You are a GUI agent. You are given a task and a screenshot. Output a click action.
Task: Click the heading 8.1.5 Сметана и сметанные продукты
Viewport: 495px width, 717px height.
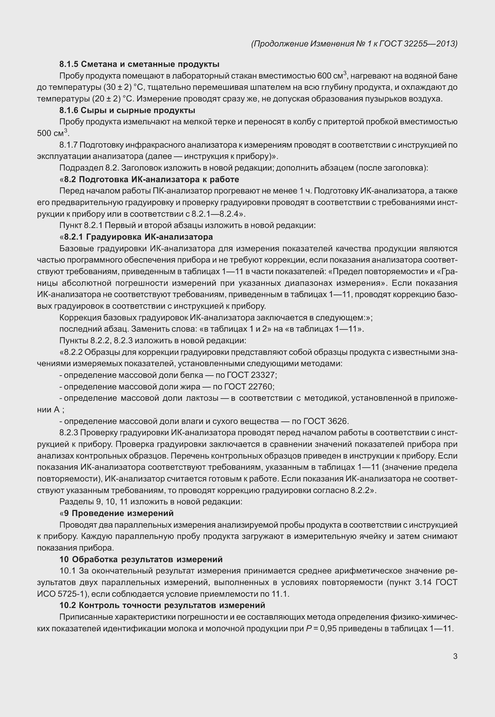(x=140, y=64)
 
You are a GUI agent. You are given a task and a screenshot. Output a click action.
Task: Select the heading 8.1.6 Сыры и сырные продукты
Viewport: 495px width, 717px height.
(x=127, y=111)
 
